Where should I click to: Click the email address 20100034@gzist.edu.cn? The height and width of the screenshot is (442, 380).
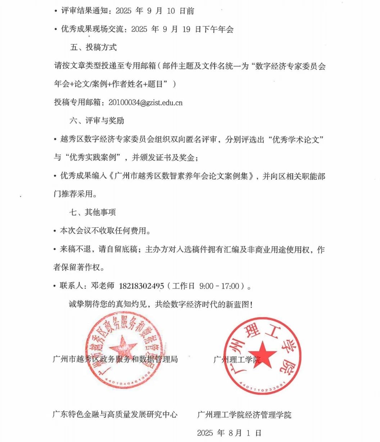click(x=145, y=102)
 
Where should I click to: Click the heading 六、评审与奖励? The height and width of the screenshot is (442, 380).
click(x=97, y=120)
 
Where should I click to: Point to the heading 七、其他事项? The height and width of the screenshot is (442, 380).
click(x=93, y=212)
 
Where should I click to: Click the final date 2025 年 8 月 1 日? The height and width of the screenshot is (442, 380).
click(x=229, y=433)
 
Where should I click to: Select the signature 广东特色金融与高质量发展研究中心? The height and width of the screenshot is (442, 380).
click(x=115, y=414)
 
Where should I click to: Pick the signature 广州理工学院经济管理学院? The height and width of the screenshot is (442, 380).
click(x=244, y=415)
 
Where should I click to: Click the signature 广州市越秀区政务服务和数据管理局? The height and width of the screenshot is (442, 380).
click(x=115, y=359)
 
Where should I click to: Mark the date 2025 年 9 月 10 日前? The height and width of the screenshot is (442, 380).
click(x=155, y=11)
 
